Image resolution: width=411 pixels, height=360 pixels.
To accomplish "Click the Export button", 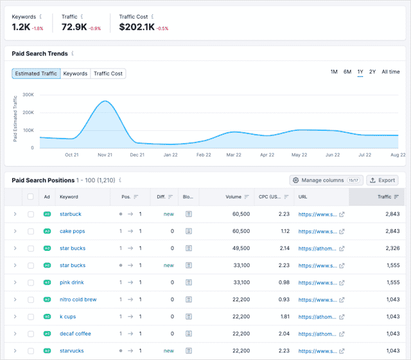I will click(x=382, y=180).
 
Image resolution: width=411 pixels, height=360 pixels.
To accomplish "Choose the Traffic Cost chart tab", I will click(x=108, y=74).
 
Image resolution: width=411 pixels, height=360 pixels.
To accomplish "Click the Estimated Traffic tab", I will click(x=35, y=74).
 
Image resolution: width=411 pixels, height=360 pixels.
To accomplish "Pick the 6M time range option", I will click(x=347, y=72).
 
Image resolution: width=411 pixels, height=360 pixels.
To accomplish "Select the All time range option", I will click(x=390, y=72).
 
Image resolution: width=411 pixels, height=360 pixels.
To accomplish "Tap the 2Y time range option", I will click(x=372, y=72).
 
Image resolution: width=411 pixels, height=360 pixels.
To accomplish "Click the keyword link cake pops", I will click(x=72, y=231).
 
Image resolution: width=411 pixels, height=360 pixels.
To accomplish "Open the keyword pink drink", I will click(x=72, y=282).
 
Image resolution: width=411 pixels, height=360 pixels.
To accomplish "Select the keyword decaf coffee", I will click(x=76, y=334).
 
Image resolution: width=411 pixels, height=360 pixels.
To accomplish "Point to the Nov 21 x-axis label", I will click(x=104, y=155).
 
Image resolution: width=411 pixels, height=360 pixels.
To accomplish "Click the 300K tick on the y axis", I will click(x=28, y=94).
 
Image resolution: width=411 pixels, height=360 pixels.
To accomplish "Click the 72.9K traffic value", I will click(x=74, y=27).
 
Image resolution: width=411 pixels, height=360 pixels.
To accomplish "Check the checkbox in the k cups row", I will click(x=31, y=317).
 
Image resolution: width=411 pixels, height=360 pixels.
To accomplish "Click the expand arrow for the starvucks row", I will click(x=15, y=351).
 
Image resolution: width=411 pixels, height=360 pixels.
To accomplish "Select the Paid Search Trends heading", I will click(x=40, y=54).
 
